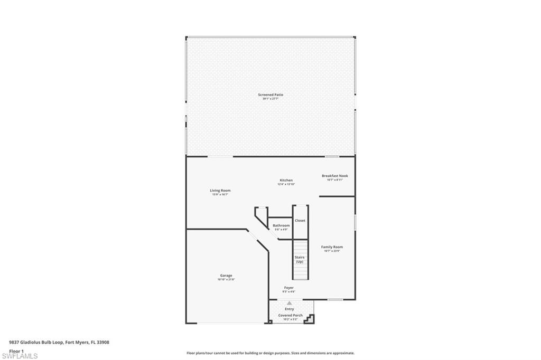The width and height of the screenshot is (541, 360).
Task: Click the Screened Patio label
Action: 270,94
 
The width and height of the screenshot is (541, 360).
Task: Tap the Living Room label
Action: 220,191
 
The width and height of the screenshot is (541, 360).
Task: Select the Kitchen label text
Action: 286,180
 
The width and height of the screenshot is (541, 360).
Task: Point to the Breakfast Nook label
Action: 335,176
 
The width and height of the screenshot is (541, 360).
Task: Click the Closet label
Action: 300,221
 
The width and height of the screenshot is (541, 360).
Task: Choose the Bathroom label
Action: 281,225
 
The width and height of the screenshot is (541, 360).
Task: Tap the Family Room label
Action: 332,247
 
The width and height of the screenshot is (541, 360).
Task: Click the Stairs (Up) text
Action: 300,259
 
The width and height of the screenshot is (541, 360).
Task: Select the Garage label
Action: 226,275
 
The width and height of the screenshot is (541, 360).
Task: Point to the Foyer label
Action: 289,288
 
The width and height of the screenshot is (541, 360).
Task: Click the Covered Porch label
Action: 291,315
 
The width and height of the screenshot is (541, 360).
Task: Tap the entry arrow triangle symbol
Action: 290,303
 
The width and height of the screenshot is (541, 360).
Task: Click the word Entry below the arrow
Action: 290,309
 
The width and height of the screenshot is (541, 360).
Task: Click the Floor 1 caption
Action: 16,350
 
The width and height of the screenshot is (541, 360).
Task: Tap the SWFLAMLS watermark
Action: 20,356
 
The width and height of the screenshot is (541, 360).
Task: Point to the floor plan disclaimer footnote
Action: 270,353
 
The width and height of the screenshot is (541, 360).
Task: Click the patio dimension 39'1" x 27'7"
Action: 270,99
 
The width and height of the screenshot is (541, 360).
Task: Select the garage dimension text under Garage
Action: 226,279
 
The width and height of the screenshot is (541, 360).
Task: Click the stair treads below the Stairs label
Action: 300,272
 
